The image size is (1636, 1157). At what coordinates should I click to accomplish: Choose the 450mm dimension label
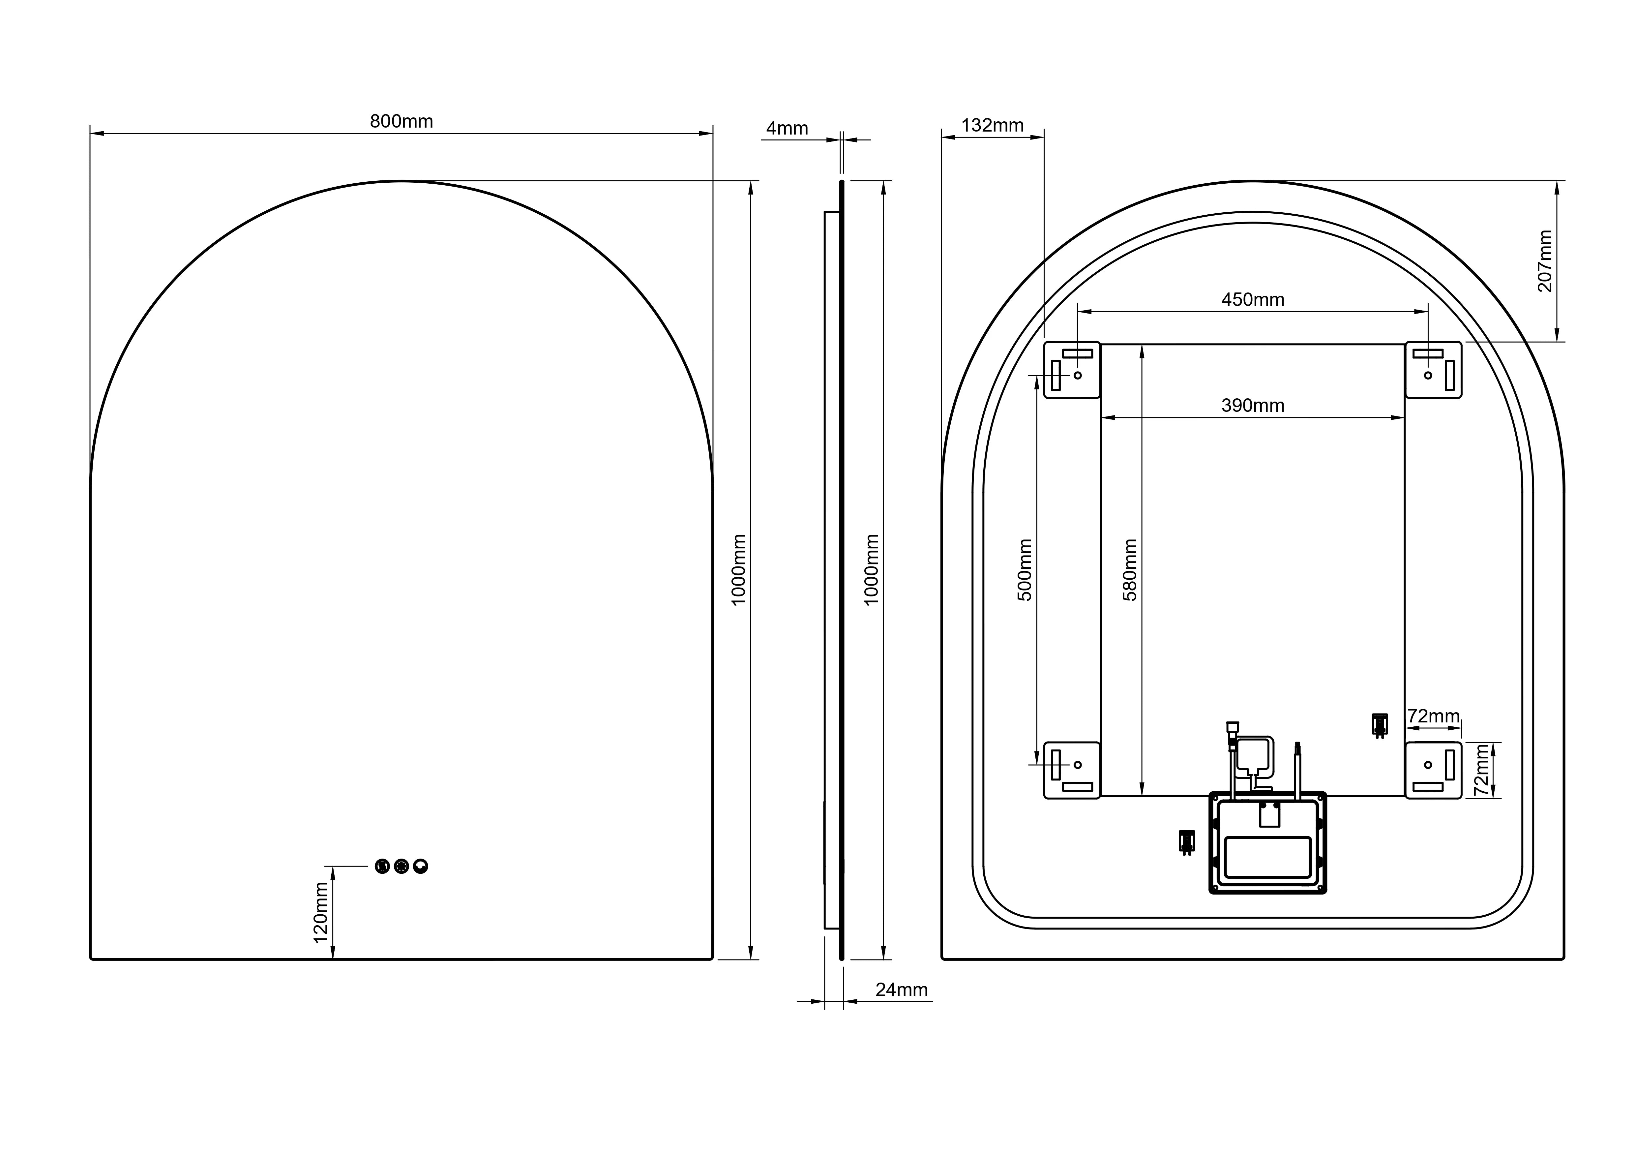1253,300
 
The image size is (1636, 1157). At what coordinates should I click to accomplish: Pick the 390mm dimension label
1253,406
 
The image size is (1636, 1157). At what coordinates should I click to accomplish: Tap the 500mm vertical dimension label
1025,570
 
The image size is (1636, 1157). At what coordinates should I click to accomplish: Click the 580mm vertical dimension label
1130,570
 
